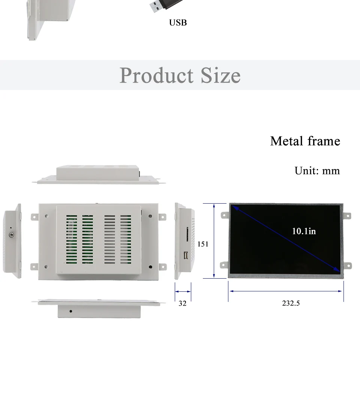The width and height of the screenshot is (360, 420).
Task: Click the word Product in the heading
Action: [x=156, y=75]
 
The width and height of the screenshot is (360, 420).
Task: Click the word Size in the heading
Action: [x=220, y=75]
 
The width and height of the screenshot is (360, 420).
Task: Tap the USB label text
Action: [x=178, y=22]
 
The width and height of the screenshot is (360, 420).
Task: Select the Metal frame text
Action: [x=305, y=141]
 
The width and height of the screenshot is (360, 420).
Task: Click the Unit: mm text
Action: [x=317, y=171]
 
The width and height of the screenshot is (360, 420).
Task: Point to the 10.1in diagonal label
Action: [x=304, y=231]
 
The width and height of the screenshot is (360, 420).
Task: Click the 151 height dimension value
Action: [x=203, y=244]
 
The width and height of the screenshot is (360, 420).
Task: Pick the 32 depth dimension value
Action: [x=182, y=303]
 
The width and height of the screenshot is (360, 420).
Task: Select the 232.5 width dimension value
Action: [x=291, y=303]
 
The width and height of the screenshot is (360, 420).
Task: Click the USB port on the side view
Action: [x=186, y=255]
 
